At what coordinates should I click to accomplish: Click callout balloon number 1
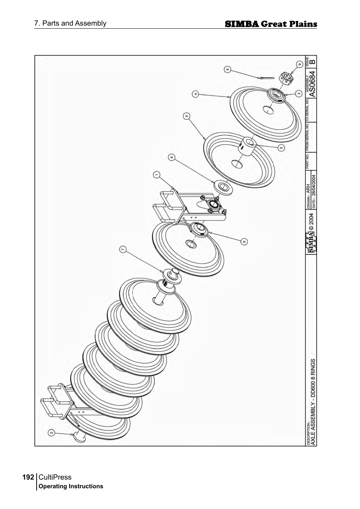pyautogui.click(x=157, y=174)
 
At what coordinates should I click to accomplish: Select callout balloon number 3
pyautogui.click(x=298, y=93)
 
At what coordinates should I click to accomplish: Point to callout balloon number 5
pyautogui.click(x=281, y=147)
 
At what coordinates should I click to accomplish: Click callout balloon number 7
pyautogui.click(x=122, y=249)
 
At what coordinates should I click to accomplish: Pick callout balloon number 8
pyautogui.click(x=227, y=69)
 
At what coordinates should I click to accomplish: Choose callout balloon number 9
pyautogui.click(x=299, y=64)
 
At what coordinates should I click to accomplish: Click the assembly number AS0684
pyautogui.click(x=312, y=82)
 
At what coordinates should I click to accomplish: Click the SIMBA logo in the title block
pyautogui.click(x=311, y=242)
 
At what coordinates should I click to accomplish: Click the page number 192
pyautogui.click(x=28, y=477)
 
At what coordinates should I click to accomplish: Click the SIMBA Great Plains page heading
pyautogui.click(x=271, y=24)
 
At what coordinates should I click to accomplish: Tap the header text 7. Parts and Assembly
pyautogui.click(x=70, y=23)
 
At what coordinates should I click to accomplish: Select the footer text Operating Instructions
pyautogui.click(x=71, y=486)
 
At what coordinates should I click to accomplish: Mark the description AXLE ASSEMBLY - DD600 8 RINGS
pyautogui.click(x=312, y=402)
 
